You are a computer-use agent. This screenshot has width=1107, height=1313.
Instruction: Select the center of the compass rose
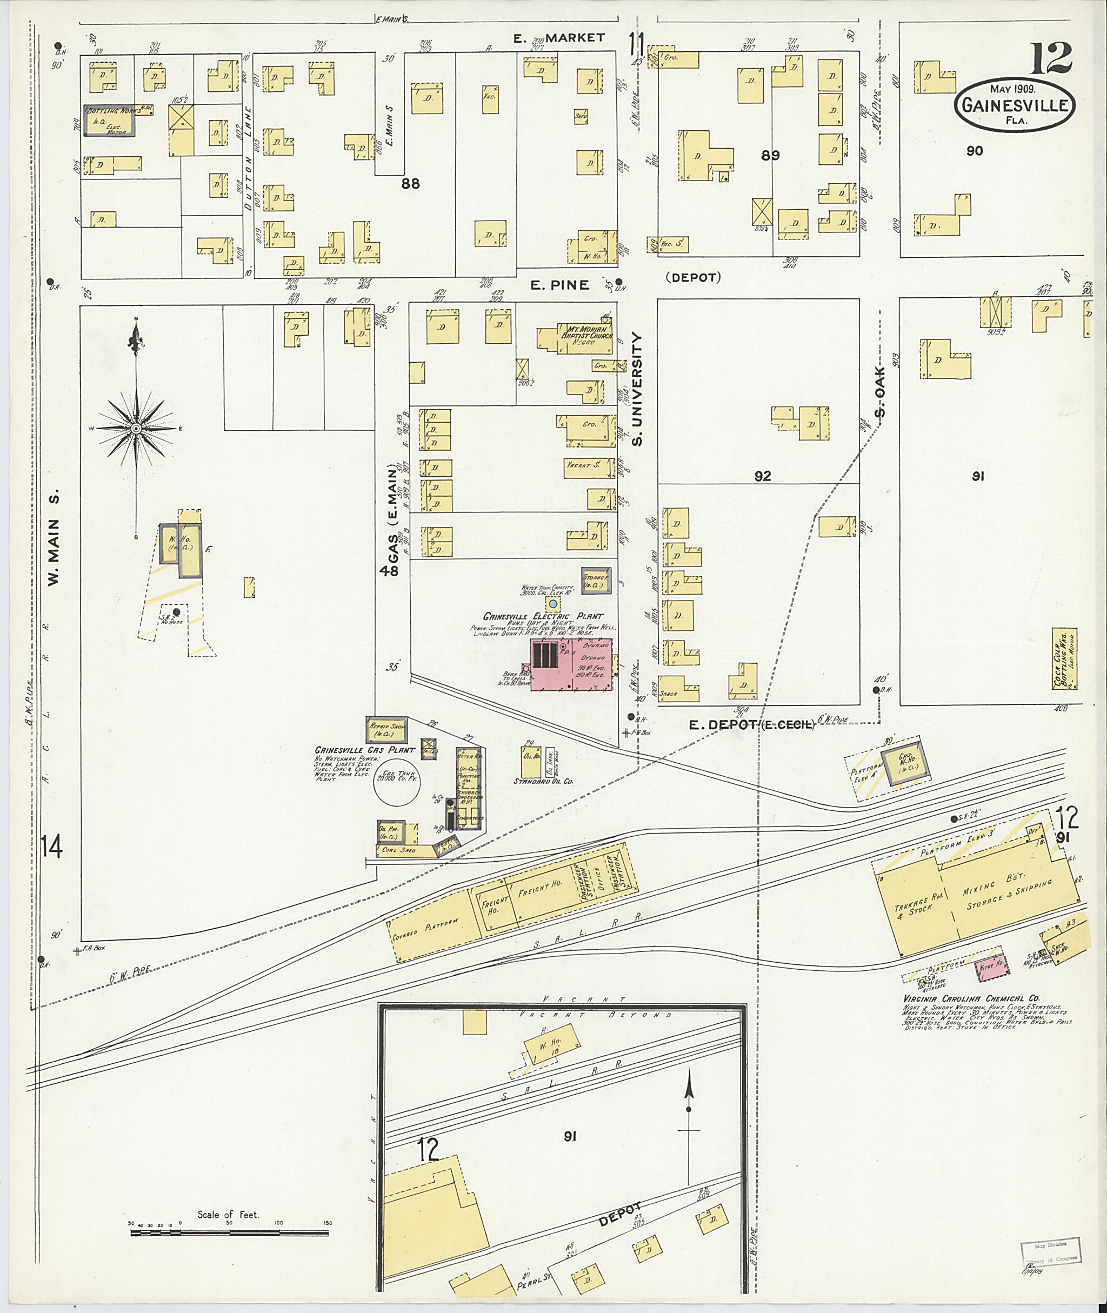(x=136, y=428)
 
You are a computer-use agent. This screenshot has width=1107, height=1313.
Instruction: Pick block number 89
(x=770, y=156)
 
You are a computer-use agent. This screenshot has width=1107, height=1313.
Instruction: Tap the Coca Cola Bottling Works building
(x=1065, y=659)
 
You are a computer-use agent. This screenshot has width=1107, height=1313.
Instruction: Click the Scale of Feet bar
(x=229, y=1232)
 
